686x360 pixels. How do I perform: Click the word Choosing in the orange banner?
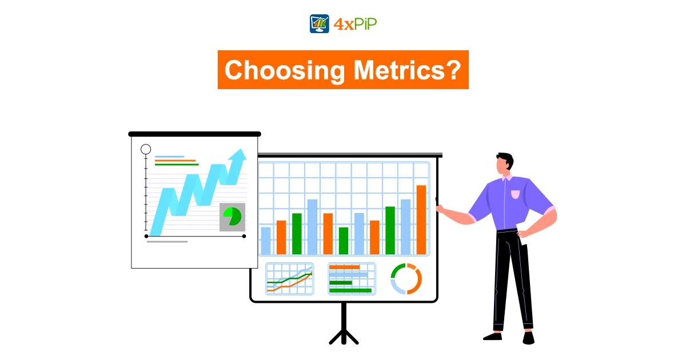pyautogui.click(x=285, y=71)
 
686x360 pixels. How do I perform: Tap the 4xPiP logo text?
pyautogui.click(x=355, y=24)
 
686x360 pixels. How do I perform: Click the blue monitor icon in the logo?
pyautogui.click(x=319, y=23)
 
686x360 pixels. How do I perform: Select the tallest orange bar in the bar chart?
pyautogui.click(x=421, y=220)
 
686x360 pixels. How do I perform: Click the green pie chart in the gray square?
pyautogui.click(x=233, y=216)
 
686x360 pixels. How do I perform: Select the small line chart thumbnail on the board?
pyautogui.click(x=290, y=279)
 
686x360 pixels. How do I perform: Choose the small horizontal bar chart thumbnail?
pyautogui.click(x=352, y=279)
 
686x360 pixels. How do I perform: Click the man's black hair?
pyautogui.click(x=506, y=159)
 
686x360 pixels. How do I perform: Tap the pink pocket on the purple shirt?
pyautogui.click(x=516, y=194)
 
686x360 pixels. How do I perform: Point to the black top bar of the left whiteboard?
pyautogui.click(x=194, y=134)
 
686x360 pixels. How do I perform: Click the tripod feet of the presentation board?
pyautogui.click(x=344, y=336)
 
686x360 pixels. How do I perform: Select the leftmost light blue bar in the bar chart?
pyautogui.click(x=265, y=241)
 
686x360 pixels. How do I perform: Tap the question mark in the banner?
pyautogui.click(x=454, y=70)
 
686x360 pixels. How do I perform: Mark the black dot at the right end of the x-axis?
pyautogui.click(x=244, y=237)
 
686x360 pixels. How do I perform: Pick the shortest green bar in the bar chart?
pyautogui.click(x=344, y=241)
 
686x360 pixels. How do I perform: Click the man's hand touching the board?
pyautogui.click(x=440, y=209)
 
